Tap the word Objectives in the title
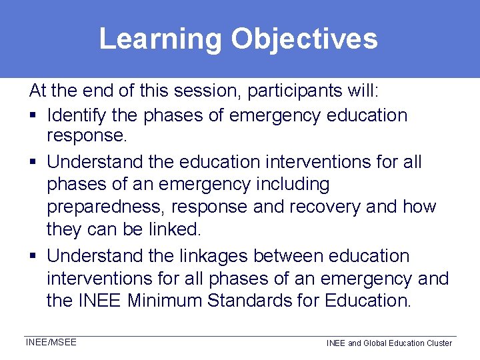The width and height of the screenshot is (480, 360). [304, 39]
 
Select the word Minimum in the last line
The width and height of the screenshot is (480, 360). [165, 301]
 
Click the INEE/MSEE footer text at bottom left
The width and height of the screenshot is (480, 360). [51, 343]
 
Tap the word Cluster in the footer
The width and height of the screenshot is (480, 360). [437, 343]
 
